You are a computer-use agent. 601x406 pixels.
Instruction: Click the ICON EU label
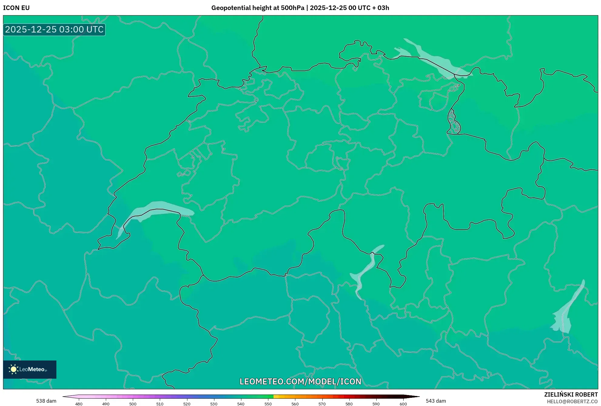(x=16, y=8)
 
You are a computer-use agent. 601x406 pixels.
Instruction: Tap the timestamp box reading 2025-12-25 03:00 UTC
(x=54, y=29)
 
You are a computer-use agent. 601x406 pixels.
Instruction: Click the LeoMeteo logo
(x=30, y=369)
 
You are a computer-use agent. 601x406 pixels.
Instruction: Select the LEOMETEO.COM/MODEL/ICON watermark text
(x=300, y=381)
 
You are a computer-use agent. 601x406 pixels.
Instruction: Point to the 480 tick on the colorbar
(x=79, y=404)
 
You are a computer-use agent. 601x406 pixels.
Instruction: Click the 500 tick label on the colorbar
(x=133, y=404)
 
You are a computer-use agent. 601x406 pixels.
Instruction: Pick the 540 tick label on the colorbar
(x=241, y=404)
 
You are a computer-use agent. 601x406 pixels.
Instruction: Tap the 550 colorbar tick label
(x=268, y=404)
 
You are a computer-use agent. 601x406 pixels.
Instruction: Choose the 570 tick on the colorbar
(x=322, y=404)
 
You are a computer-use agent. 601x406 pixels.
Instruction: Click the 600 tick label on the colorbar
(x=403, y=404)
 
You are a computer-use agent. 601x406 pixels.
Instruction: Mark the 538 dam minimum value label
(x=46, y=401)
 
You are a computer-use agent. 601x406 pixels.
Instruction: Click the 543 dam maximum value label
(x=436, y=401)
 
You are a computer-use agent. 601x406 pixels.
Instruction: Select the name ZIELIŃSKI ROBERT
(x=571, y=394)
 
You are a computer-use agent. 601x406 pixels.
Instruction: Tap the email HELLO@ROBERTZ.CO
(x=572, y=401)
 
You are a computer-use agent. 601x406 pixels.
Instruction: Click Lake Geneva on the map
(x=158, y=209)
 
